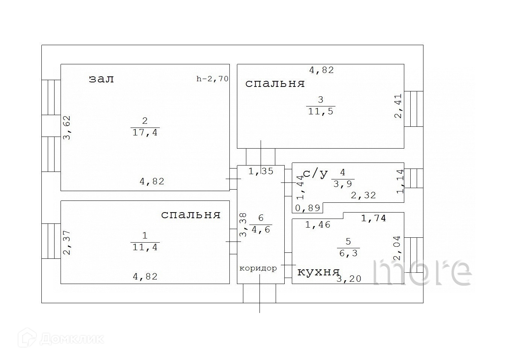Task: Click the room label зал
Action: tap(101, 79)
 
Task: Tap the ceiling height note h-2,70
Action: tap(212, 79)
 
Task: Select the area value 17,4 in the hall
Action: tap(145, 133)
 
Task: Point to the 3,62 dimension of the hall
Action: tap(67, 128)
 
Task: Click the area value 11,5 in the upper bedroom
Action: tap(321, 111)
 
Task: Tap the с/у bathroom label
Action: tap(315, 173)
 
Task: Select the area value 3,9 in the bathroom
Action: tap(343, 184)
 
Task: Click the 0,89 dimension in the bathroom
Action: tap(308, 208)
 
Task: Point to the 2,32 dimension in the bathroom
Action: tap(363, 196)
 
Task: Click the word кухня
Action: tap(318, 272)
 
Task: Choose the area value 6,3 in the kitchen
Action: tap(349, 253)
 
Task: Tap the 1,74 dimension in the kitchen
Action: tap(373, 218)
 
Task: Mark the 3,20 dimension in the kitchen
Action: tap(349, 279)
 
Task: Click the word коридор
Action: tap(258, 268)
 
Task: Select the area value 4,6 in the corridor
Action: tap(261, 229)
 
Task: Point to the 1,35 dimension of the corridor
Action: tap(261, 172)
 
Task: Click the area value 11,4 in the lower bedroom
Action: tap(145, 247)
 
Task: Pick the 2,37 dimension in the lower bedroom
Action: tap(67, 243)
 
